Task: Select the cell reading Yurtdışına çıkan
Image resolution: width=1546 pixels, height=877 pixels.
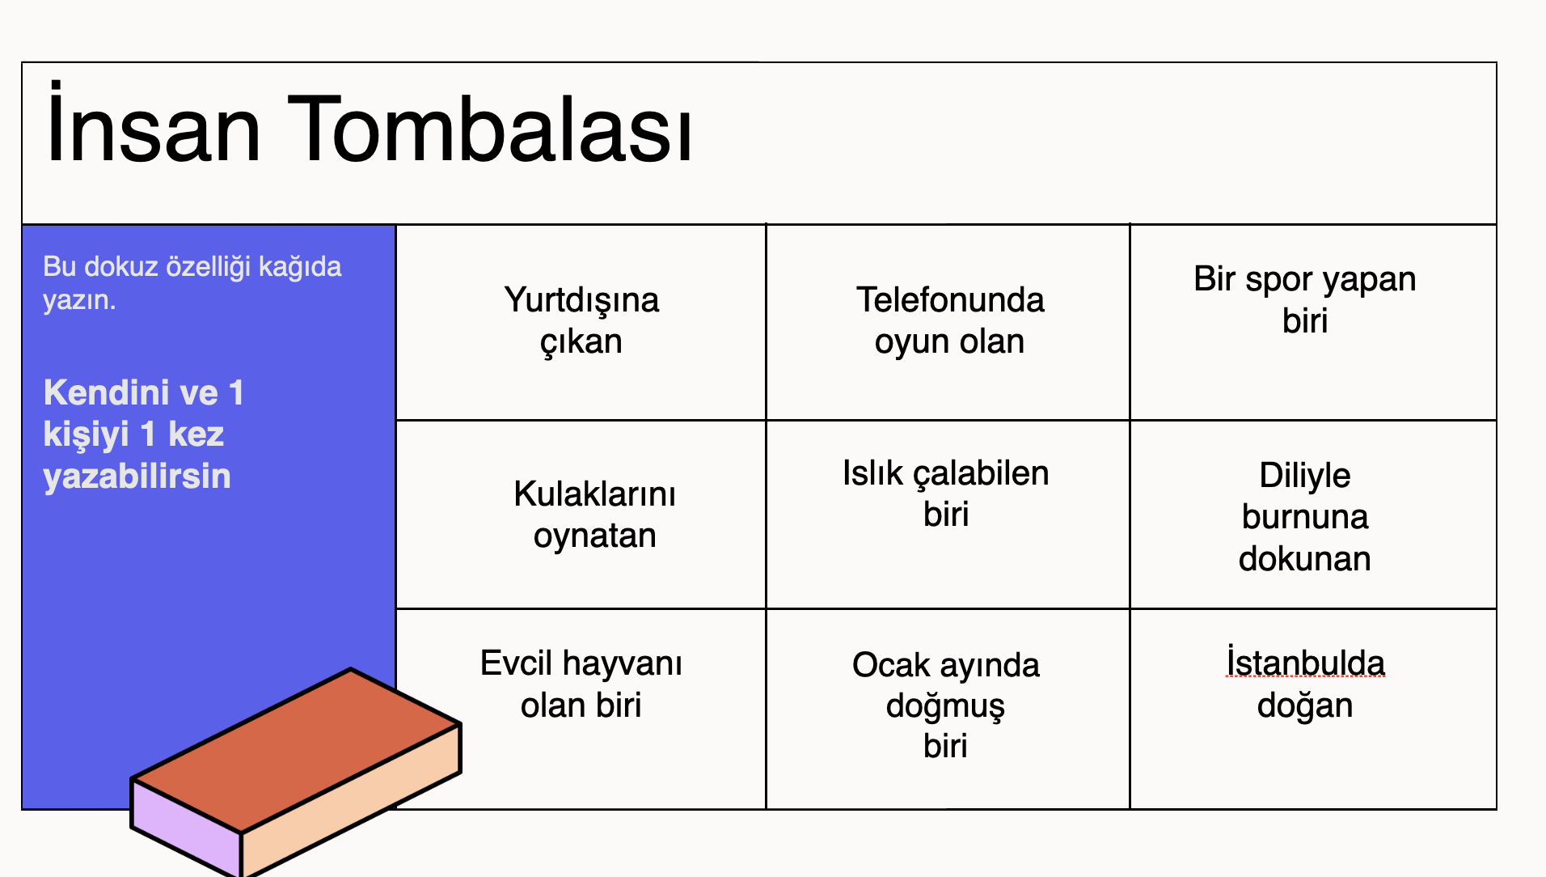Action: coord(581,322)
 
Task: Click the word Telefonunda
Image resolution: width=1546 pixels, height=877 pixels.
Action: coord(950,299)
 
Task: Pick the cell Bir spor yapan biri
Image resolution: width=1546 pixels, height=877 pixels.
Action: coord(1313,322)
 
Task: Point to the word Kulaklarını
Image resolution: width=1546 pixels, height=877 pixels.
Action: coord(594,494)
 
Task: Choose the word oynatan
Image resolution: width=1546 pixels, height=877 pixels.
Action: coord(594,536)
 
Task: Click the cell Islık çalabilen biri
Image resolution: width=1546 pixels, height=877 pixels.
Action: coord(948,515)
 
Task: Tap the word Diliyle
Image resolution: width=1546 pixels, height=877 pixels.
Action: coord(1305,476)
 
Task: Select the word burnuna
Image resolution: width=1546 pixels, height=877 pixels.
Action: coord(1305,517)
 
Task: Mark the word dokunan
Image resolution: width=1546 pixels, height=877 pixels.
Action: coord(1305,558)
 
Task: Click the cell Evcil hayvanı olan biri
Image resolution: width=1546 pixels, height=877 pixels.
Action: coord(581,709)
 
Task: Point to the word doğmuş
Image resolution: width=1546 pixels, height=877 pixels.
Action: coord(945,706)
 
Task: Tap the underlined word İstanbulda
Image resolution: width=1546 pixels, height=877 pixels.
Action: coord(1306,662)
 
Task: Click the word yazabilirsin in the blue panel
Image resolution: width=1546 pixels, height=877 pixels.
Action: coord(137,477)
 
